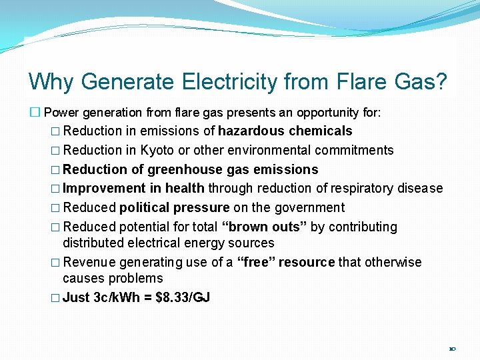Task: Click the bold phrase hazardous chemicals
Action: coord(285,131)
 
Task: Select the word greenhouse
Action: coord(182,170)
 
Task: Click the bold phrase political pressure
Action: coord(175,208)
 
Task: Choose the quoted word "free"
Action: coord(256,262)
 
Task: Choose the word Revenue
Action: coord(87,262)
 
